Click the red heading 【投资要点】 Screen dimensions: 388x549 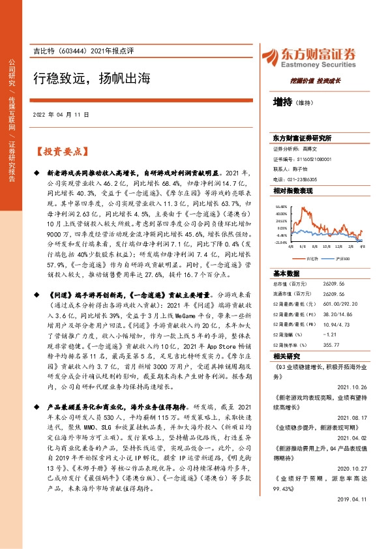pos(60,152)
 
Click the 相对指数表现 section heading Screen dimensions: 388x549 pos(293,190)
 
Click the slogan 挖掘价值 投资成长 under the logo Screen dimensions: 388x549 pos(316,80)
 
